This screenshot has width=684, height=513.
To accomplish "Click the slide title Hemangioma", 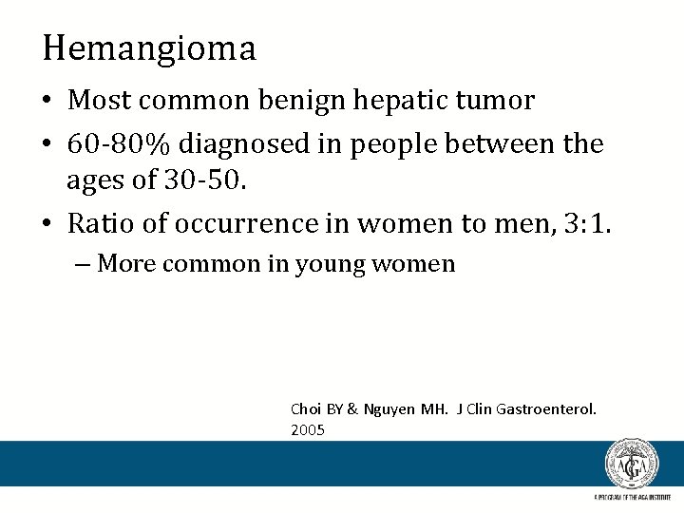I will (149, 47).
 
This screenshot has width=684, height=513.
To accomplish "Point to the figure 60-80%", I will (120, 144).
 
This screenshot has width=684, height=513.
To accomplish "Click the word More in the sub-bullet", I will (126, 263).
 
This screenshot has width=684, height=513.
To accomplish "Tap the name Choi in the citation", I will (306, 409).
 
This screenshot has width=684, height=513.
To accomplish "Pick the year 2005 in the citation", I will (308, 430).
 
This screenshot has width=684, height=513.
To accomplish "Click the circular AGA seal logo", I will (632, 465).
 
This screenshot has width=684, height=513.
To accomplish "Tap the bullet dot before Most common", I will (49, 101).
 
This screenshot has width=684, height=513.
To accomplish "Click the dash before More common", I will (85, 263).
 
